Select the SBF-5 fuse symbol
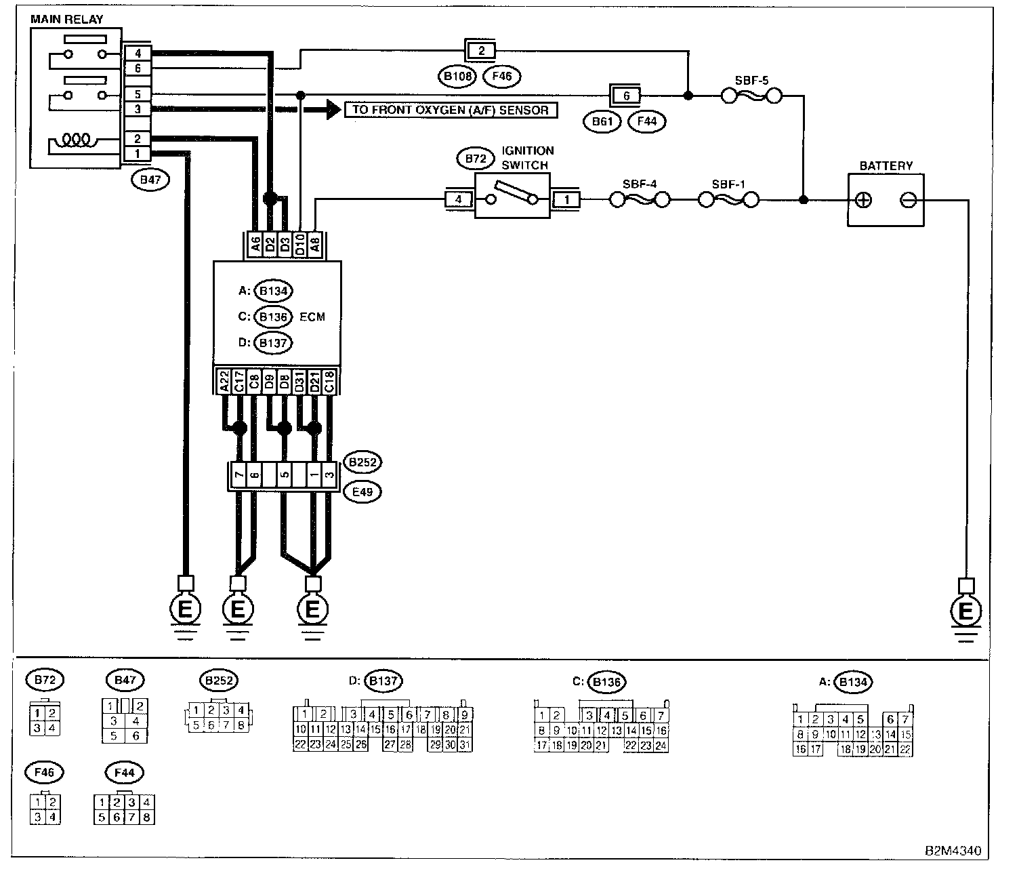(751, 97)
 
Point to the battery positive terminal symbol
(863, 200)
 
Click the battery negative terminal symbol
(909, 200)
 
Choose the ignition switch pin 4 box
(459, 200)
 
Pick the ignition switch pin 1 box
(567, 200)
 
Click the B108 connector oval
(457, 77)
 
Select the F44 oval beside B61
(647, 122)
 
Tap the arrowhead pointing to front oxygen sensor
(332, 110)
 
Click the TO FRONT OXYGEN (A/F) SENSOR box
(451, 110)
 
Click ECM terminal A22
(223, 381)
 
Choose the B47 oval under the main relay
(150, 180)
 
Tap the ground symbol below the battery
(965, 612)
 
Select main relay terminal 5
(138, 95)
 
